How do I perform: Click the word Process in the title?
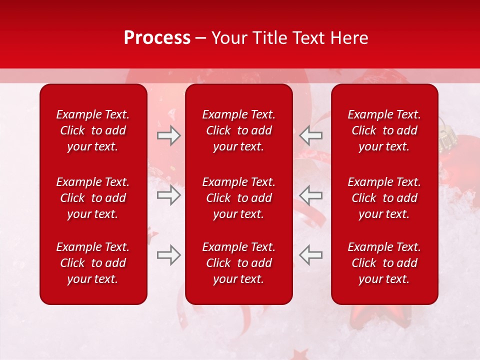click(x=157, y=37)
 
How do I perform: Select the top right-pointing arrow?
click(x=169, y=135)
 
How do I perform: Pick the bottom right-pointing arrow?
click(x=169, y=255)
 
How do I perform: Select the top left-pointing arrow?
click(x=310, y=135)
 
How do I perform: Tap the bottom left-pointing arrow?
click(x=310, y=255)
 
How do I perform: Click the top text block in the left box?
click(x=93, y=130)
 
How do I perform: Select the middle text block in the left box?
click(x=93, y=198)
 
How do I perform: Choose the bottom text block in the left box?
click(x=93, y=263)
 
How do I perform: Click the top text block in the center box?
click(x=238, y=130)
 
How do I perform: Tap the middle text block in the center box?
click(x=238, y=198)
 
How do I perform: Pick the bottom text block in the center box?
click(x=238, y=263)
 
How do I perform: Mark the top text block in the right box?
click(x=384, y=130)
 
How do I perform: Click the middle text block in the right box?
click(x=384, y=198)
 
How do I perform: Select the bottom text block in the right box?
click(x=384, y=263)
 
